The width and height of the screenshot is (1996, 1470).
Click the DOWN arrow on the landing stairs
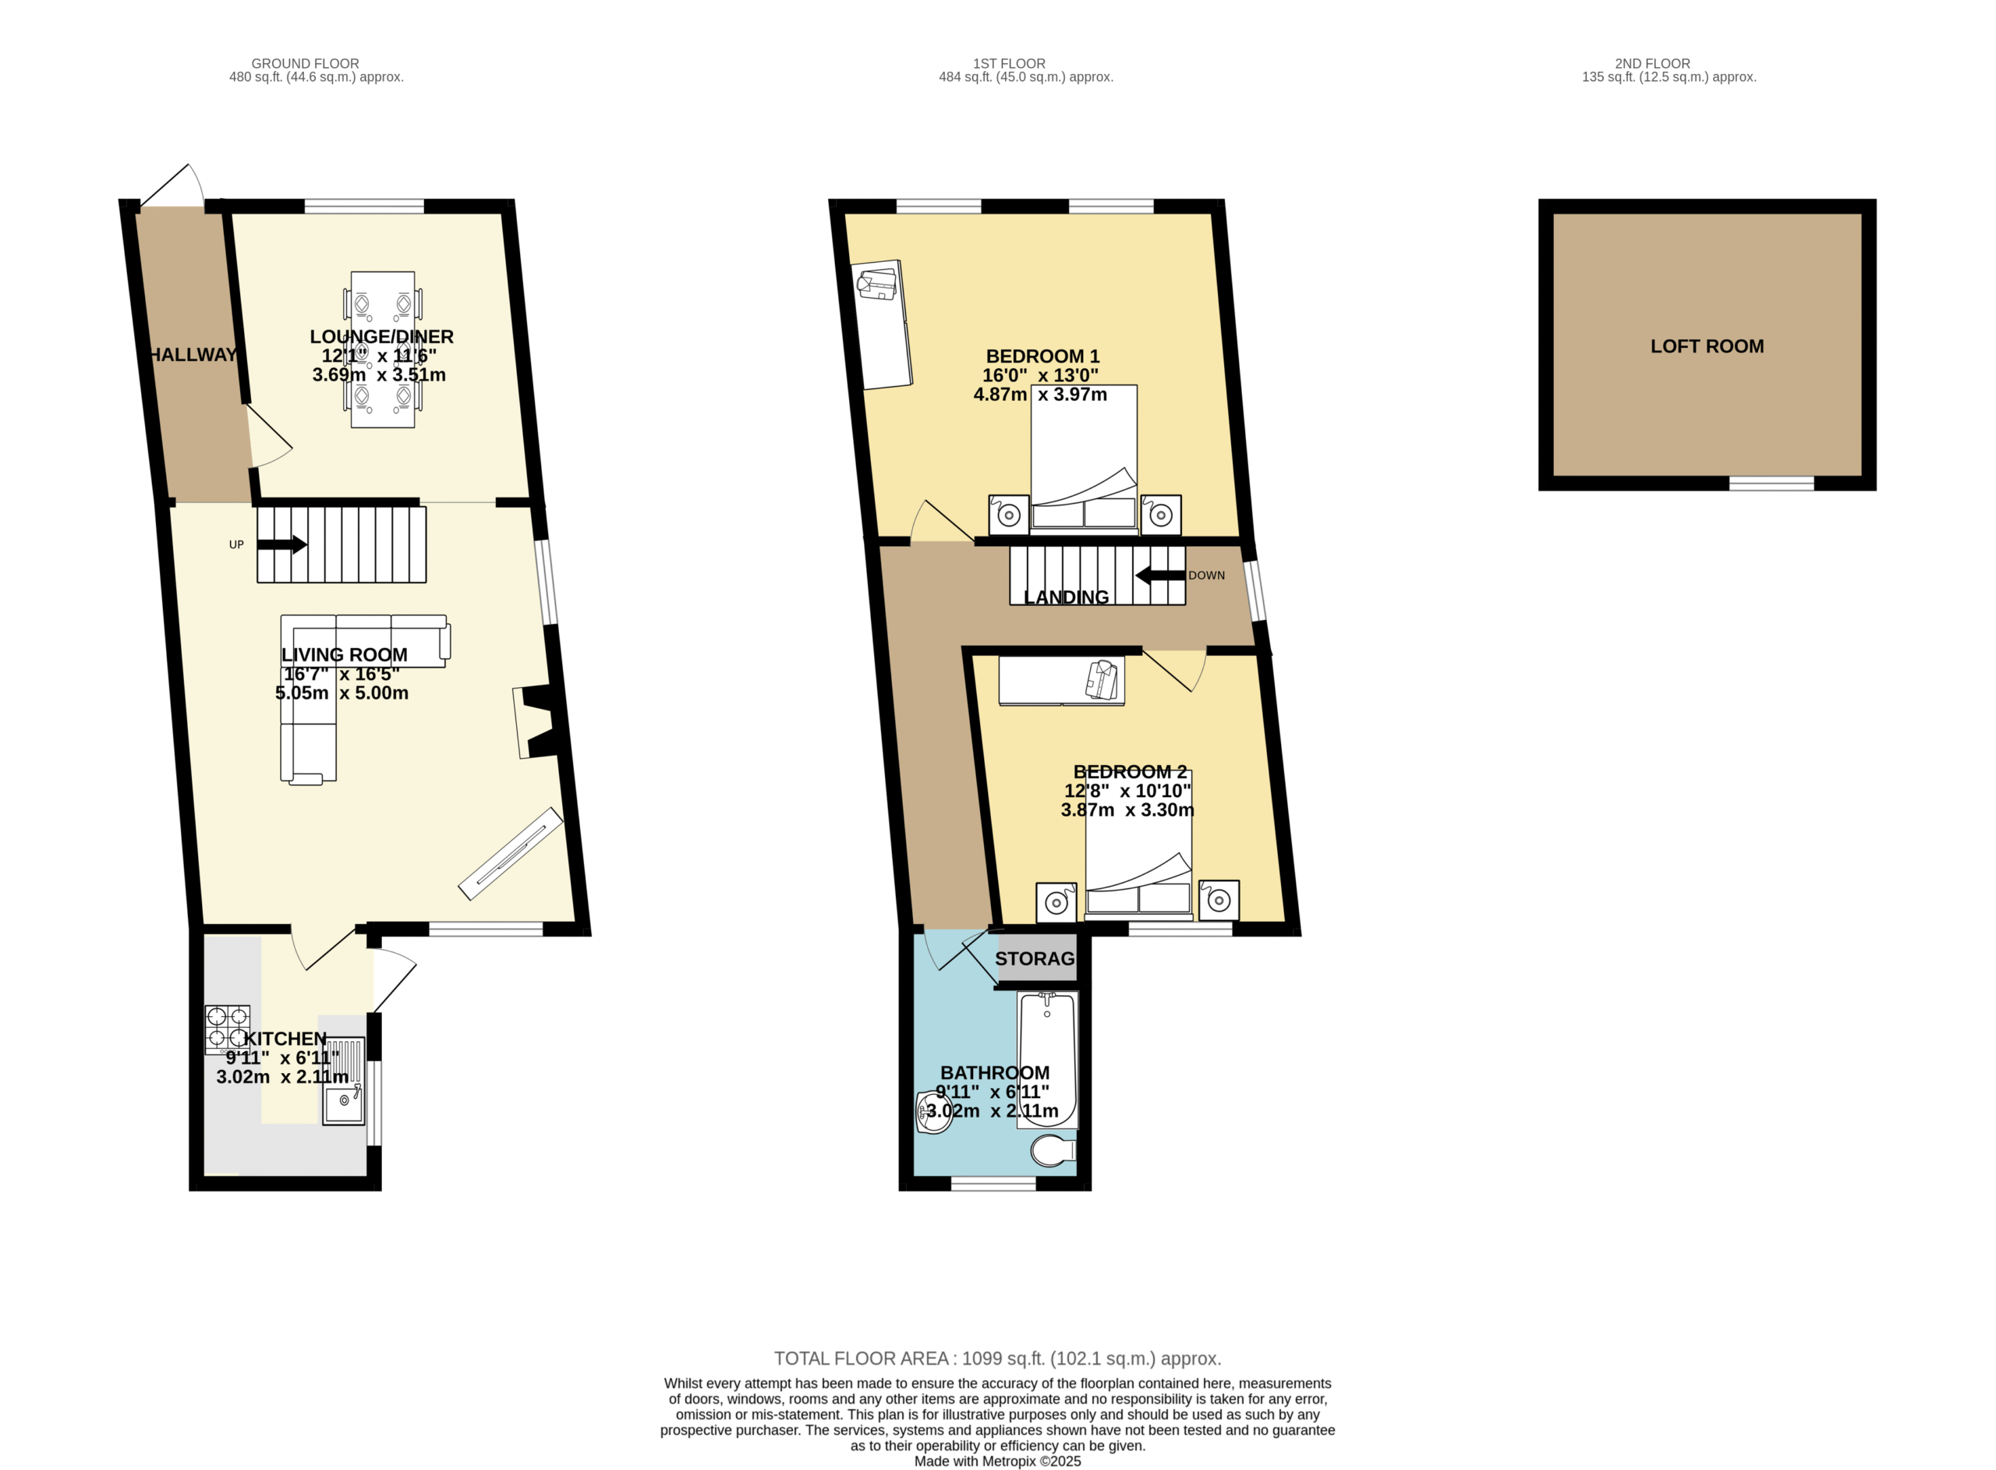click(1160, 576)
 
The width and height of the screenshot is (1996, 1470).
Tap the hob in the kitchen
click(228, 1029)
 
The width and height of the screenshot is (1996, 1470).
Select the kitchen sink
click(343, 1081)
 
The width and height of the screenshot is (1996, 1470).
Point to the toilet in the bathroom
click(1053, 1150)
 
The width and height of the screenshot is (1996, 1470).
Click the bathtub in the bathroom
click(1047, 1060)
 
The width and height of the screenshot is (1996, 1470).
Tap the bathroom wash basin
click(934, 1111)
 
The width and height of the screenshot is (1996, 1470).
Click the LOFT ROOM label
click(1707, 346)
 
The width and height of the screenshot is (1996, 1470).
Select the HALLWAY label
click(193, 355)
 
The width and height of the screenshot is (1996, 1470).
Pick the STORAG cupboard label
click(1035, 959)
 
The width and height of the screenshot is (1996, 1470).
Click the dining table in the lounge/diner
click(383, 349)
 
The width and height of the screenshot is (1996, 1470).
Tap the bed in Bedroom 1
click(1084, 459)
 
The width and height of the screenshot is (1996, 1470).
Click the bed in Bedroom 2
click(1138, 845)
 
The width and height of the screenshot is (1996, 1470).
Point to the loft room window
click(1771, 484)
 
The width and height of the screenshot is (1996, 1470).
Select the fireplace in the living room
click(536, 721)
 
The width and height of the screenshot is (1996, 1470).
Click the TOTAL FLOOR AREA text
click(997, 1358)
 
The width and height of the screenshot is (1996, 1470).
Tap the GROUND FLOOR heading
click(305, 64)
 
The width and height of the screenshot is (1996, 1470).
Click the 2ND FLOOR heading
click(1652, 64)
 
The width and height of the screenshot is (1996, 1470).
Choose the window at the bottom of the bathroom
click(993, 1184)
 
